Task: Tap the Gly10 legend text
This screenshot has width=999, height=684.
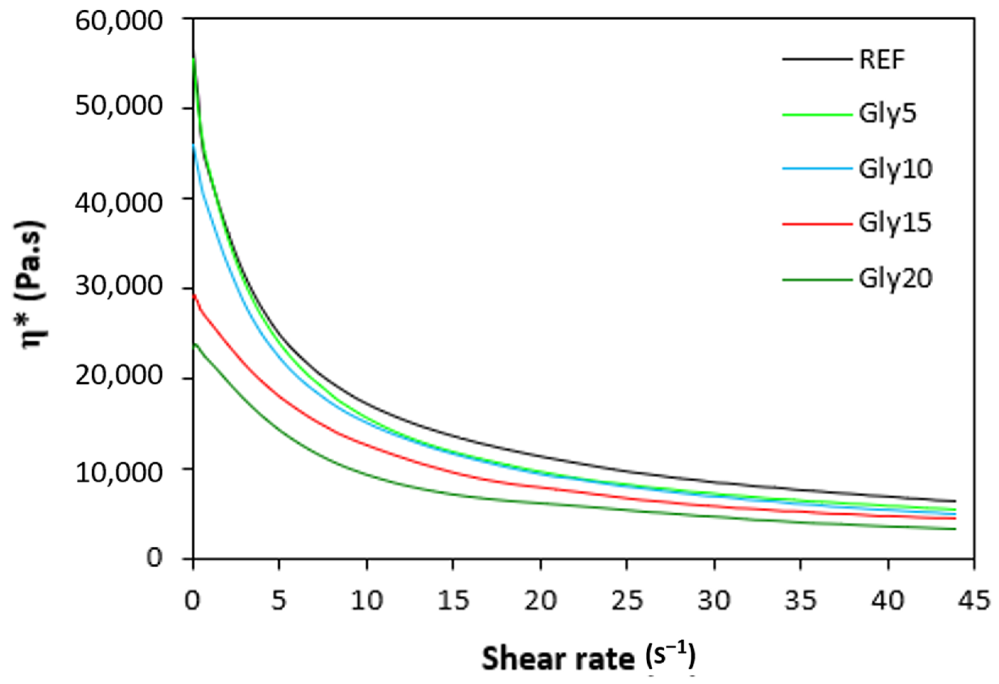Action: click(x=895, y=169)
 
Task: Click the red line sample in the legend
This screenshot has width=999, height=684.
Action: click(x=817, y=224)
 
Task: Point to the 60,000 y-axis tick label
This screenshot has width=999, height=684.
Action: click(x=119, y=21)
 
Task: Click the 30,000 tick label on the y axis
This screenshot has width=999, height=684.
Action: click(x=119, y=287)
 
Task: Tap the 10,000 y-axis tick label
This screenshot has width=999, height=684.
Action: click(x=119, y=472)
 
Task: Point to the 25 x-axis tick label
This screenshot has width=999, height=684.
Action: click(x=627, y=600)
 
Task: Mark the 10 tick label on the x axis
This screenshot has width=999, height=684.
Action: click(x=367, y=600)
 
